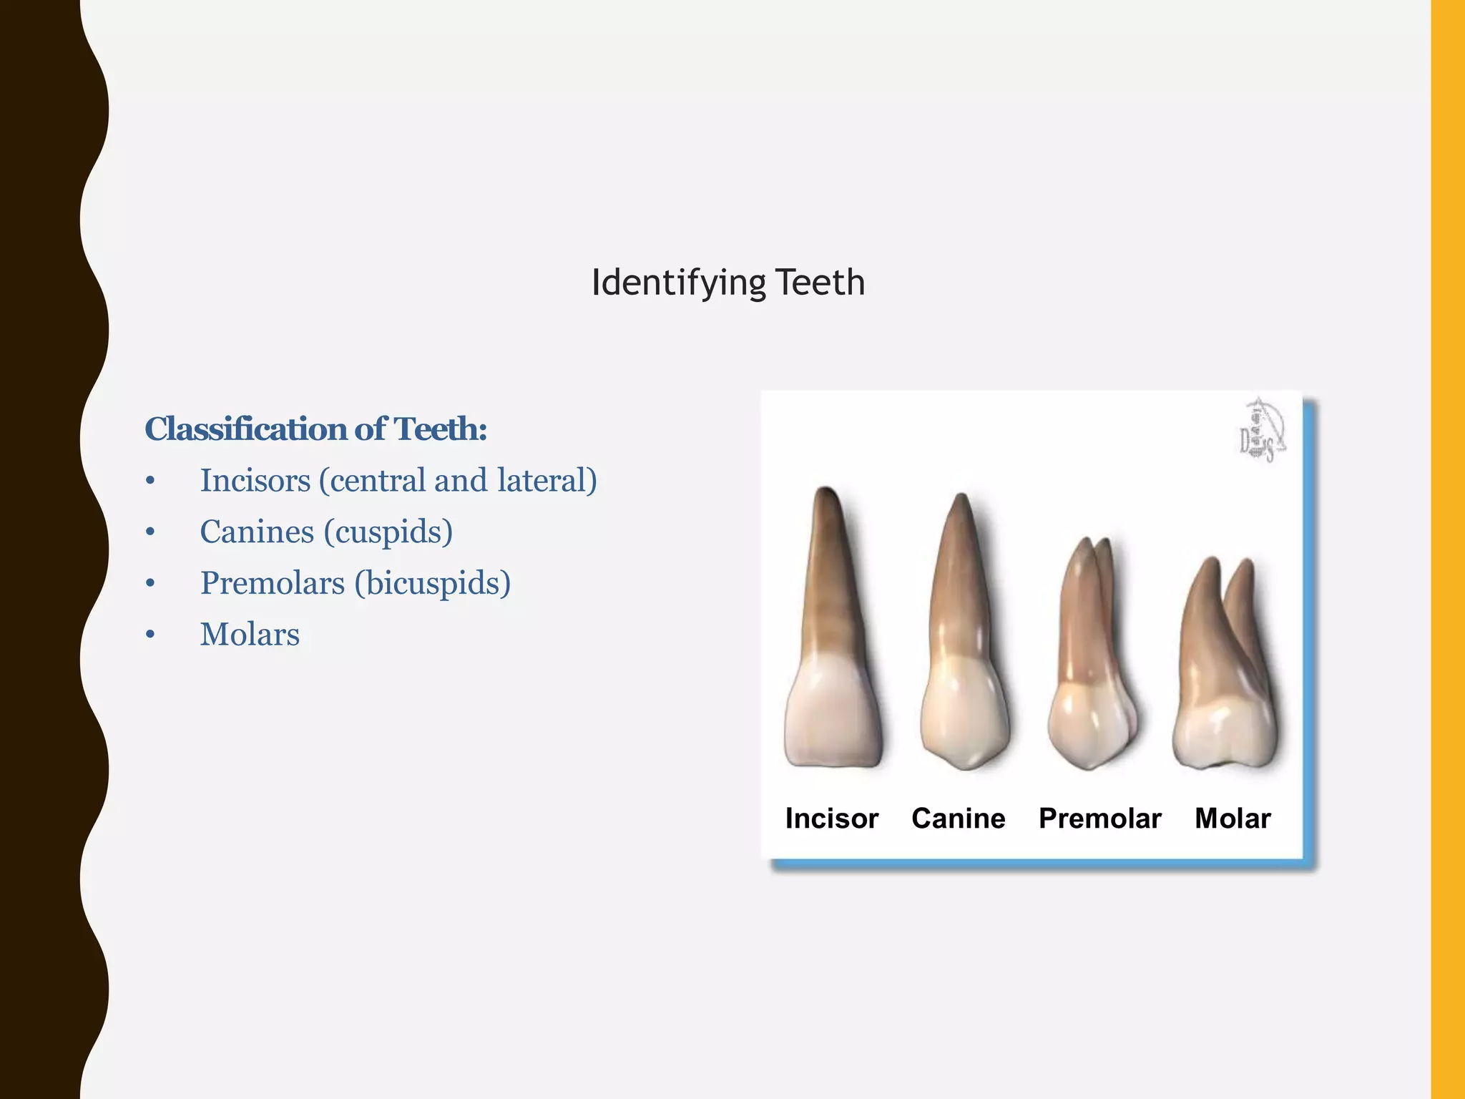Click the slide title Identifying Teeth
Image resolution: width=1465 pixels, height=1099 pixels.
click(727, 283)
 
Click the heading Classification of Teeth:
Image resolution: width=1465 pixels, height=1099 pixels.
click(315, 429)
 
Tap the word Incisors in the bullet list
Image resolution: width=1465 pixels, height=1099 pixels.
click(255, 480)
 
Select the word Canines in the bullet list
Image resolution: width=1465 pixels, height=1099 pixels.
click(257, 532)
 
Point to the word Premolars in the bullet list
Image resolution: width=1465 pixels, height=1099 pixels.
click(273, 583)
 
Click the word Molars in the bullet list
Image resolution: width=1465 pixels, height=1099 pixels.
click(250, 635)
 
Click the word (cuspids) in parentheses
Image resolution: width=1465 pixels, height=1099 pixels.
click(388, 532)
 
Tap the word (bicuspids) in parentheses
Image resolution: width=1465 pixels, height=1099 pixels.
click(433, 584)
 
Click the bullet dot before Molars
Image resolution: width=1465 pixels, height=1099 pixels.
click(150, 635)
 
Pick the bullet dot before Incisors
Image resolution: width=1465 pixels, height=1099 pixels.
click(150, 481)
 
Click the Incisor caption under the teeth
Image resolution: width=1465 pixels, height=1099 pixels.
click(831, 819)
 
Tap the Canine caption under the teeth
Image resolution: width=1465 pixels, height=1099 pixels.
click(958, 819)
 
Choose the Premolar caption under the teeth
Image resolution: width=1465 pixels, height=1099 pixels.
click(1099, 819)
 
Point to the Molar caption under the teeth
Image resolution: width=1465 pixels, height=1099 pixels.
click(1233, 819)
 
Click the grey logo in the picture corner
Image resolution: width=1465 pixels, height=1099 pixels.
click(1262, 431)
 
